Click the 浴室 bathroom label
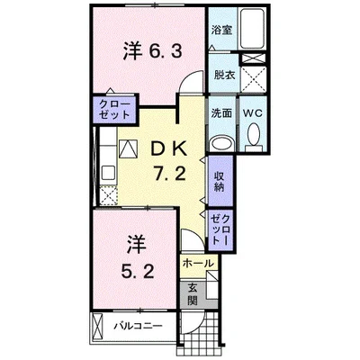[220, 30]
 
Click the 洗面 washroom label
[221, 113]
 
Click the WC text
[252, 113]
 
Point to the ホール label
[197, 264]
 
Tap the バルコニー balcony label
[136, 325]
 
